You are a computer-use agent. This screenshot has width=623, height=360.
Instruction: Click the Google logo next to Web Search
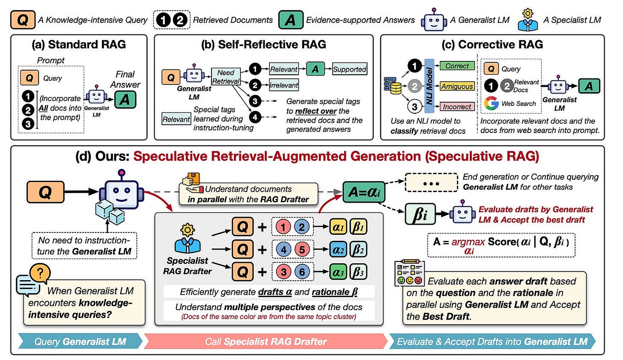point(491,103)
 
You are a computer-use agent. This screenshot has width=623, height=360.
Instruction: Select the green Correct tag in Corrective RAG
point(457,66)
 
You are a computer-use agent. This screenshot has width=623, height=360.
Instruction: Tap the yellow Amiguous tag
point(457,86)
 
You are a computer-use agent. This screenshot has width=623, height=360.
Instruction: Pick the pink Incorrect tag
point(457,106)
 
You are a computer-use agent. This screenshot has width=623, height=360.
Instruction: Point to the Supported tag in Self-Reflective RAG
point(350,69)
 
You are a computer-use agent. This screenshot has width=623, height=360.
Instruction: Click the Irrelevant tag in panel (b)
point(284,85)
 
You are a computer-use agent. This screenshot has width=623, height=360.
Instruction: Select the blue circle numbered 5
point(302,250)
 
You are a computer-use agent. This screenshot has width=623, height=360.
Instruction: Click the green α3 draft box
point(339,271)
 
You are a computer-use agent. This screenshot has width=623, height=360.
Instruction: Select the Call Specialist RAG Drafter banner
point(266,341)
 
